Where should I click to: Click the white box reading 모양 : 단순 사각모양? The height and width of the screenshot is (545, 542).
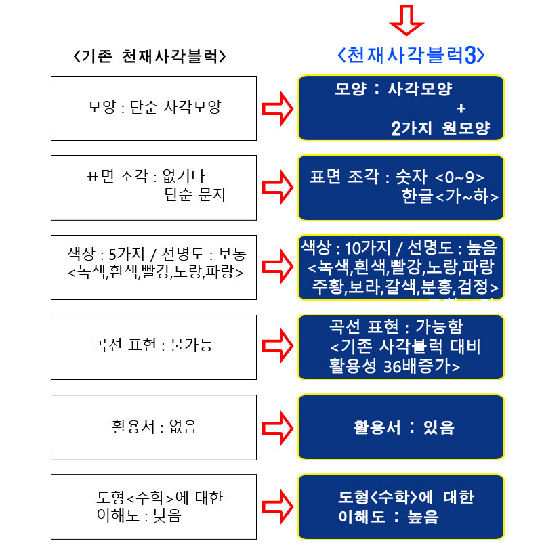[x=154, y=108]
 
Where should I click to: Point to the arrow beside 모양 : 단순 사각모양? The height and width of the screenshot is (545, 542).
[x=278, y=108]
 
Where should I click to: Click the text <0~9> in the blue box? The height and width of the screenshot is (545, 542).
[x=460, y=177]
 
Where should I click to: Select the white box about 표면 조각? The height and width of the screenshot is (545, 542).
[x=154, y=187]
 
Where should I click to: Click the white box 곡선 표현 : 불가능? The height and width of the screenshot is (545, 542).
[x=154, y=346]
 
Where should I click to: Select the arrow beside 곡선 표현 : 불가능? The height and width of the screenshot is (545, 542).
[x=278, y=346]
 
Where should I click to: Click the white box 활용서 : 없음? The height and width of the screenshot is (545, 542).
[x=154, y=427]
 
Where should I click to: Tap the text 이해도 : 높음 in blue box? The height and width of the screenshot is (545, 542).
[x=388, y=517]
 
